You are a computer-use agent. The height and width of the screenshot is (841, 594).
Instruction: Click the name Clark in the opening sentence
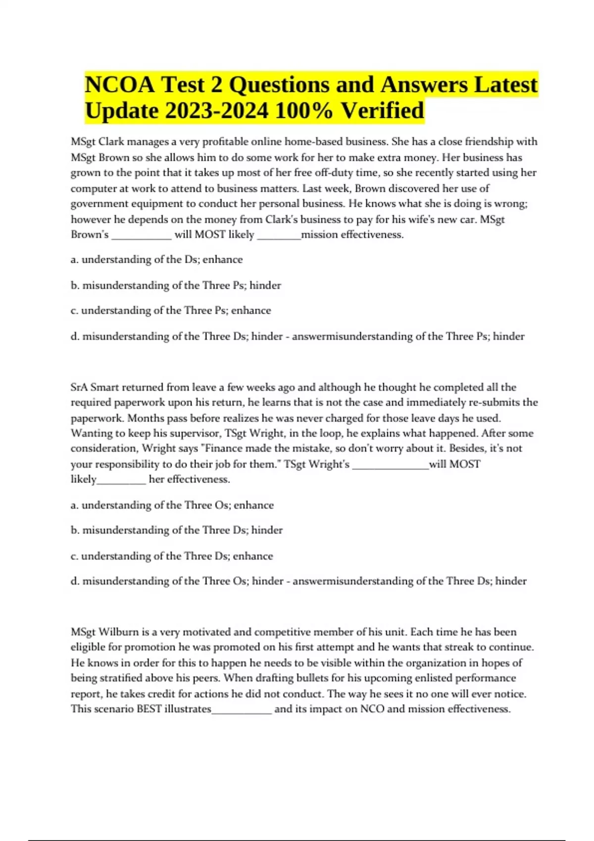111,142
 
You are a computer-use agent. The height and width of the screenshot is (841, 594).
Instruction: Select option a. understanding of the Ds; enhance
156,260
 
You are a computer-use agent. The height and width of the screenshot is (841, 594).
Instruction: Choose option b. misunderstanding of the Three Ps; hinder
176,285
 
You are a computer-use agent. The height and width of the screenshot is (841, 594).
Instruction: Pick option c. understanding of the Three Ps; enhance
171,311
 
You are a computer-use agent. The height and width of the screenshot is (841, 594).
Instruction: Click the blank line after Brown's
142,235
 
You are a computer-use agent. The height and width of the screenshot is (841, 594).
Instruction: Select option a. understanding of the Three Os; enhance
172,505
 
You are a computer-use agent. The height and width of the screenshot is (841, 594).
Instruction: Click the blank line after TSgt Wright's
390,465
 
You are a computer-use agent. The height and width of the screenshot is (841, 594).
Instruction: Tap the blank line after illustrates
242,710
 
